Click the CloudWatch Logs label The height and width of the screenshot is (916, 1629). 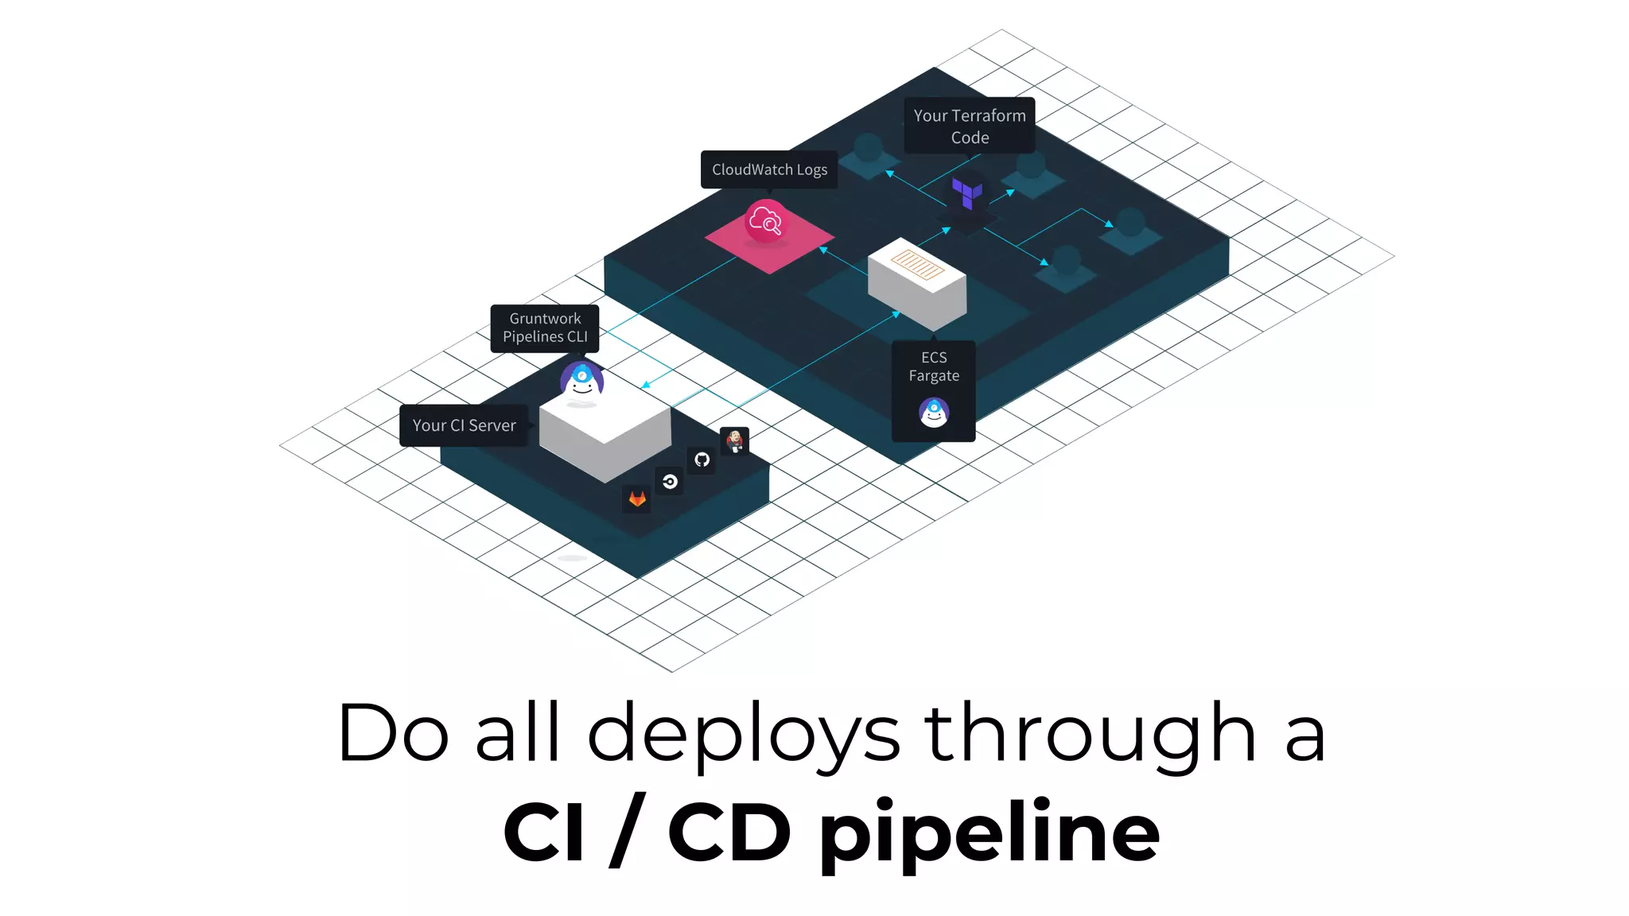click(x=769, y=169)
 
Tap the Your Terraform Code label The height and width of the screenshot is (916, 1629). click(x=970, y=126)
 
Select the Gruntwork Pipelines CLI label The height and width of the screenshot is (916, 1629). click(x=545, y=328)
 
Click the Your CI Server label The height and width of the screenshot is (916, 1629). click(x=464, y=425)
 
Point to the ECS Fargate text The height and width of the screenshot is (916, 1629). click(x=934, y=367)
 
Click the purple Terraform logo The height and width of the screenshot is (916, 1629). click(x=967, y=192)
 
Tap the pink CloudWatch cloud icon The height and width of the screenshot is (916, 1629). click(x=765, y=221)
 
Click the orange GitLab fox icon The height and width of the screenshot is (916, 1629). click(x=637, y=499)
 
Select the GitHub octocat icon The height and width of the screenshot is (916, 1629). click(x=702, y=460)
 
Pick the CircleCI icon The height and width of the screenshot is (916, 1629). click(x=670, y=481)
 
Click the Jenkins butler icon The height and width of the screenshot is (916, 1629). click(x=735, y=441)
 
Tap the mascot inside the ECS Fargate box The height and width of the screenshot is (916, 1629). click(x=934, y=412)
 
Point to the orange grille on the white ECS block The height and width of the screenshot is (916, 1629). click(x=917, y=264)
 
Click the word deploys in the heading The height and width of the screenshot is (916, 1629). click(x=744, y=734)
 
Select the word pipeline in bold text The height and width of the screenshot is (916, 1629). click(x=989, y=833)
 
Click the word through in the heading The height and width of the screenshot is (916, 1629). click(x=1090, y=734)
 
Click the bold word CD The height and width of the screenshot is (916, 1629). click(x=729, y=831)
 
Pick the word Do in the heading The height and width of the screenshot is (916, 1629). click(x=393, y=732)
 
